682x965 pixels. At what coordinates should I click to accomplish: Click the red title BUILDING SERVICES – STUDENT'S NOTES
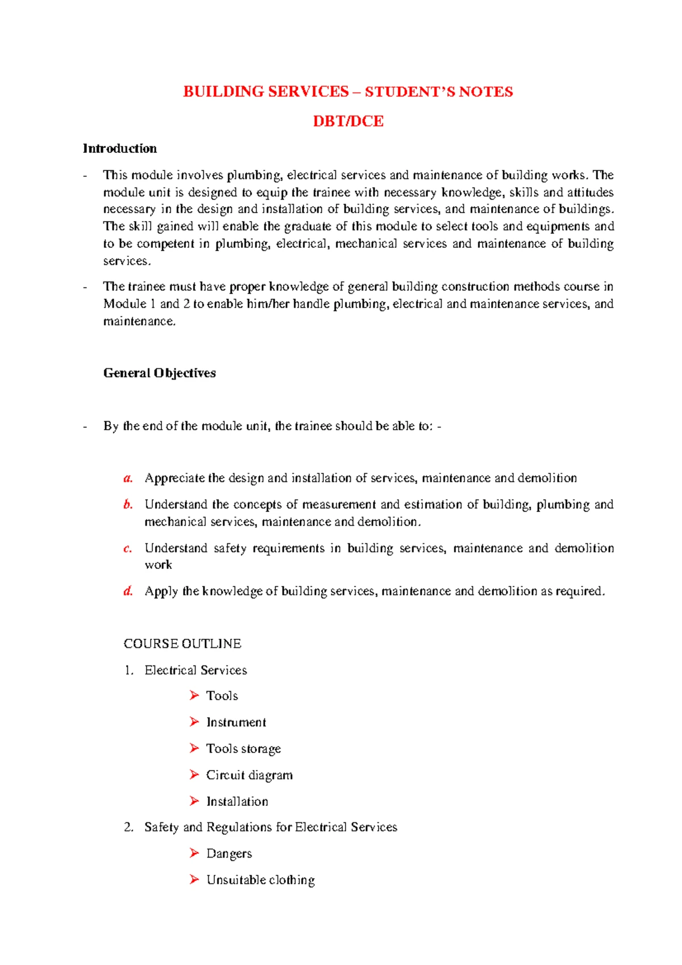[348, 91]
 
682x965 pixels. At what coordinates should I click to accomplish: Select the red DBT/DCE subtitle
[348, 121]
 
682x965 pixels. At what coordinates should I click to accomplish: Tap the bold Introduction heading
[120, 148]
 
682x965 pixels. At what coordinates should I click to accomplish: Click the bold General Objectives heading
[160, 373]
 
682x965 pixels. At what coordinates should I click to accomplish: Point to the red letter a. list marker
[128, 478]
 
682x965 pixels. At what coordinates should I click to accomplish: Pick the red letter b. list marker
[128, 504]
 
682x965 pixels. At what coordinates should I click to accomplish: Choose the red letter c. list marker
[128, 548]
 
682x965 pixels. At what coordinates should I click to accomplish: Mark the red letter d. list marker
[128, 591]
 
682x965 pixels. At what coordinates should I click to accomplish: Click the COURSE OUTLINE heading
[182, 643]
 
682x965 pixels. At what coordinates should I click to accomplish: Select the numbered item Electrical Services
[196, 670]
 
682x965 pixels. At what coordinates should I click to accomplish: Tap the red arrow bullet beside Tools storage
[194, 748]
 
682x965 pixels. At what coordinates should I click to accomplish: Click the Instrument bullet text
[236, 722]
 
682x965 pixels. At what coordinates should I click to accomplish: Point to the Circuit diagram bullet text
[249, 775]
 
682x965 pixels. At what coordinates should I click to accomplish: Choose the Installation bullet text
[237, 801]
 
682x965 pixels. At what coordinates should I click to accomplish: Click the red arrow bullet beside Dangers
[194, 853]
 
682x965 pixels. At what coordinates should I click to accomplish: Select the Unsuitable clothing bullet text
[260, 880]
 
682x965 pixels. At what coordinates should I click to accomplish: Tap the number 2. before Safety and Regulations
[128, 827]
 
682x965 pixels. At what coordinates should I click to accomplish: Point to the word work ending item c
[158, 565]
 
